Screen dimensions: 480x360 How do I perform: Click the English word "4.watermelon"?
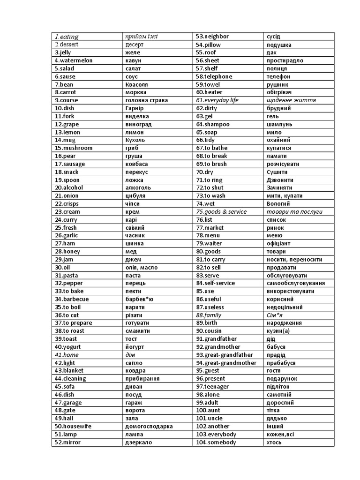point(74,60)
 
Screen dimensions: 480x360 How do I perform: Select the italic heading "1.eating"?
point(67,37)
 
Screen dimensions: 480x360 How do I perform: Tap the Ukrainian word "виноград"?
point(139,124)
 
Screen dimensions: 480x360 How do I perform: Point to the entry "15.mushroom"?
point(73,148)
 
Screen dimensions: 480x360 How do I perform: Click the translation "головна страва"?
point(146,100)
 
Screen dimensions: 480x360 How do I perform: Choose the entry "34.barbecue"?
point(72,299)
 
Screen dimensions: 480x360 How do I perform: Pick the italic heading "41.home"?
point(67,355)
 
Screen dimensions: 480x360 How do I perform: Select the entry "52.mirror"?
point(67,442)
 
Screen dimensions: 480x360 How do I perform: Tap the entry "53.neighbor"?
point(212,37)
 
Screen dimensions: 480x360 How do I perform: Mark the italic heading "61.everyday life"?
point(217,100)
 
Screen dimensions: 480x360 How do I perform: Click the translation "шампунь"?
point(279,124)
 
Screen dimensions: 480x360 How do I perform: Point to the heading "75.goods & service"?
point(221,212)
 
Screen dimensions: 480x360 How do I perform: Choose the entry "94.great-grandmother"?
point(226,363)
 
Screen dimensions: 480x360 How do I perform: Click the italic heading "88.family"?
point(209,315)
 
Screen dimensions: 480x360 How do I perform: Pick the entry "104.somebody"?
point(216,442)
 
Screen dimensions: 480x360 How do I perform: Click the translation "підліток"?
point(279,387)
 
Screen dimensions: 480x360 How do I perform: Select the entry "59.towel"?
point(208,84)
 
